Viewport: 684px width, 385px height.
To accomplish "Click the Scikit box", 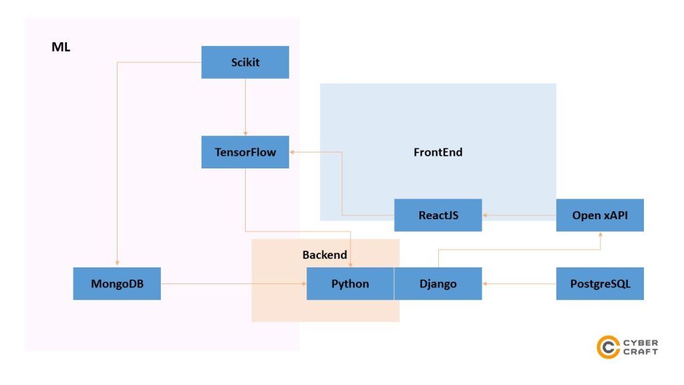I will (245, 62).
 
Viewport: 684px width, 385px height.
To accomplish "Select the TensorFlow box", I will (245, 152).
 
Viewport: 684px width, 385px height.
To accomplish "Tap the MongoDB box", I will (117, 283).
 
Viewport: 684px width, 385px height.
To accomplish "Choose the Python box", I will (350, 283).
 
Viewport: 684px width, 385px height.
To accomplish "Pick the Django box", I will (438, 283).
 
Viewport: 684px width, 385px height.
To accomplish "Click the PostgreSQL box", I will (600, 283).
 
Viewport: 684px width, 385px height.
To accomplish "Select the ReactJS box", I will (438, 215).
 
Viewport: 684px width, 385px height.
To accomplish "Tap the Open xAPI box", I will (600, 215).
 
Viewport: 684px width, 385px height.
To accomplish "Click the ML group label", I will (61, 47).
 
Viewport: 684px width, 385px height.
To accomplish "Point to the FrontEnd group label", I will (438, 152).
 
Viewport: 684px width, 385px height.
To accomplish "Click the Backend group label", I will (325, 255).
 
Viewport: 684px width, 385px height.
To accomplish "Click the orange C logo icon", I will (608, 347).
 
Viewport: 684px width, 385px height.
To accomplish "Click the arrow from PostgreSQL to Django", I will (519, 283).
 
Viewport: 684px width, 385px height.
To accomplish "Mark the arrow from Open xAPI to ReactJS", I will (519, 215).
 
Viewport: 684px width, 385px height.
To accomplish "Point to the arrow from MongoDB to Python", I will (234, 283).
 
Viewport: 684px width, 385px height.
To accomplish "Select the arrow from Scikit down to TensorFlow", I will (245, 107).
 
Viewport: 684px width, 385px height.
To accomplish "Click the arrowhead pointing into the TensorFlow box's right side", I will (293, 152).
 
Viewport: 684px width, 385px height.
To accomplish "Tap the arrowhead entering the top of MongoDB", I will (117, 264).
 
